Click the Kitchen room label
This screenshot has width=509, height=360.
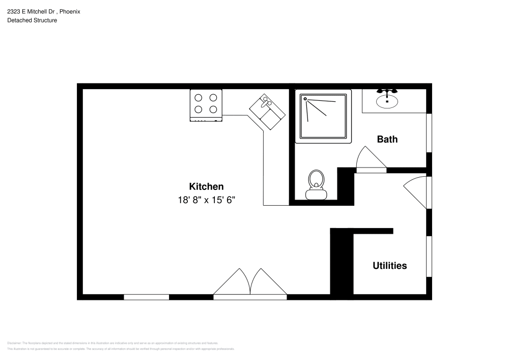coord(206,186)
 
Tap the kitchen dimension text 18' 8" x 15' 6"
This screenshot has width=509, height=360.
coord(206,200)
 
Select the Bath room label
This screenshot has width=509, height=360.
coord(387,139)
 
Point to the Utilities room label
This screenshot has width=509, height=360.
coord(389,265)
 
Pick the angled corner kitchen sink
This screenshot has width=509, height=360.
coord(267,111)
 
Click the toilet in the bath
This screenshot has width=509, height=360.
coord(316,184)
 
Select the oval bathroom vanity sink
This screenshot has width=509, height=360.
coord(387,100)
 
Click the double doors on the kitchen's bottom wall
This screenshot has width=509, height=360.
coord(250,283)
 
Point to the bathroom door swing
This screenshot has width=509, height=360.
coord(370,159)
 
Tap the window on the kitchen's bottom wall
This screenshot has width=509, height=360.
coord(147,297)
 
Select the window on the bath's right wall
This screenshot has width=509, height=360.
coord(429,132)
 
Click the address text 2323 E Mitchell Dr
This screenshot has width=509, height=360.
coord(30,11)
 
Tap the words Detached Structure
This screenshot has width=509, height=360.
coord(32,20)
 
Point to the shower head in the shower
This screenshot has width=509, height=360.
coord(305,99)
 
